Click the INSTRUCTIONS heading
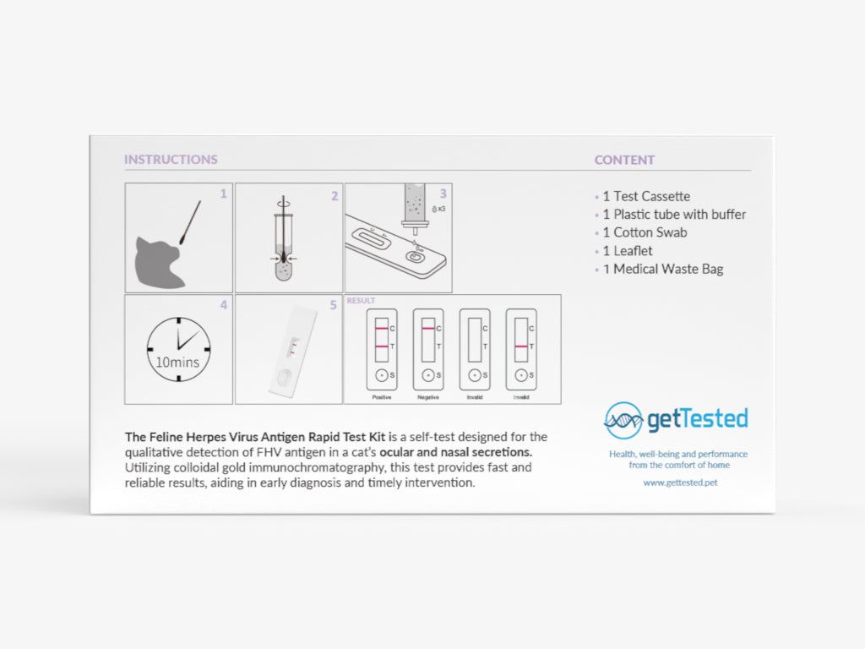pos(171,160)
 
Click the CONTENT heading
pos(624,160)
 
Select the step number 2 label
pos(334,196)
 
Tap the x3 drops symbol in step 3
pos(438,208)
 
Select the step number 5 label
pos(334,305)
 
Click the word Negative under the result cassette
pos(428,396)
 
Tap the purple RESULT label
pos(361,301)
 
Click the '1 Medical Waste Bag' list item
pos(662,270)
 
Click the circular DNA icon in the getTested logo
pos(623,420)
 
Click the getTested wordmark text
pos(697,418)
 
